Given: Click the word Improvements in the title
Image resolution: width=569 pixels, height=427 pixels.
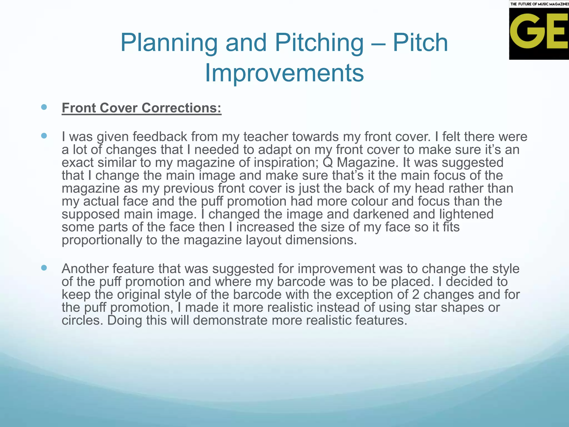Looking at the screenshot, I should click(x=284, y=73).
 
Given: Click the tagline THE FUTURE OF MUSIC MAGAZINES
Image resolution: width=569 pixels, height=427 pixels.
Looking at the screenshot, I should click(x=539, y=4).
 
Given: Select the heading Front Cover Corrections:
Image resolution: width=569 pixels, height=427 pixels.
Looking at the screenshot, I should click(x=141, y=108).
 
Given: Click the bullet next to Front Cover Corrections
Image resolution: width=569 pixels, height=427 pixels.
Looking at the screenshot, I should click(x=44, y=107).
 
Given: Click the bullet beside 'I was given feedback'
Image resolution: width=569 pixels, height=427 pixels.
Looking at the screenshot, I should click(x=44, y=136).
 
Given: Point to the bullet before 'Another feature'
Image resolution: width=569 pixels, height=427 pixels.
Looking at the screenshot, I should click(x=44, y=268).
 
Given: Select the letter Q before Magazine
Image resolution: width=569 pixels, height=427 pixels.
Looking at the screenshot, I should click(x=328, y=163).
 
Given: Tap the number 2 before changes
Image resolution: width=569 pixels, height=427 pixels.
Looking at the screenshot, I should click(x=416, y=295).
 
